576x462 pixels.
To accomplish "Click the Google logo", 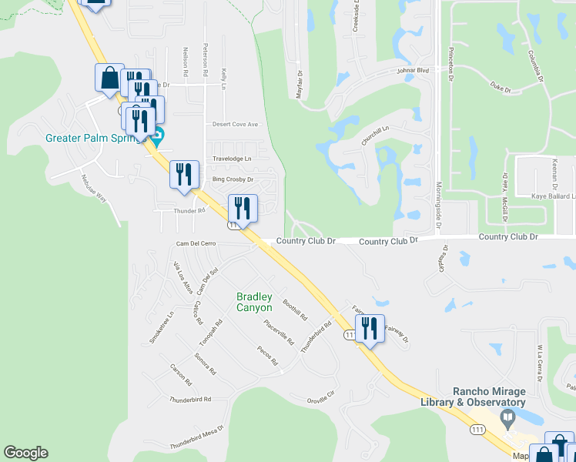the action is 25,453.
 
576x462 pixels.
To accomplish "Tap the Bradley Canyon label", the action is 254,302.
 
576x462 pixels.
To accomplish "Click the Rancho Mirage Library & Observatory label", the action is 473,397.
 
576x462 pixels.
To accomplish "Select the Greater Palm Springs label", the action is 95,139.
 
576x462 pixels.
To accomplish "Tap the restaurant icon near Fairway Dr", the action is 370,330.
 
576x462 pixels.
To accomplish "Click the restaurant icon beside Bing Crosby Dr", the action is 184,174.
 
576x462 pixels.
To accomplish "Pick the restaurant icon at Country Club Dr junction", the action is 242,209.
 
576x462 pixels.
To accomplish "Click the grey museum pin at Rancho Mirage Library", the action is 507,418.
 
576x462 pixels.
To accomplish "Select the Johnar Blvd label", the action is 413,69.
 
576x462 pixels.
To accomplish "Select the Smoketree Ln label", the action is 162,328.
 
